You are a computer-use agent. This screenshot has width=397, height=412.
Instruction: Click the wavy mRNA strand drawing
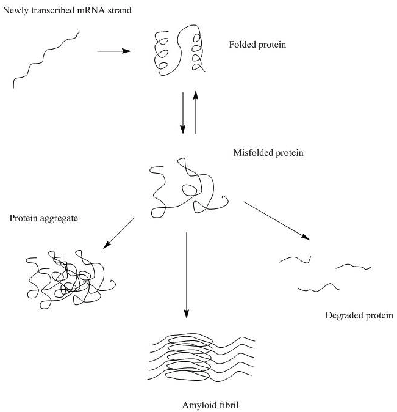[46, 61]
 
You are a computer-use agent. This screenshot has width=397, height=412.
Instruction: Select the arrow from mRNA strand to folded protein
[114, 51]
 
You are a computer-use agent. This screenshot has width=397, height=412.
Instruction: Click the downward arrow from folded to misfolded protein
[183, 113]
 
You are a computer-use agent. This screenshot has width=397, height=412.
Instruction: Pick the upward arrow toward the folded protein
[196, 113]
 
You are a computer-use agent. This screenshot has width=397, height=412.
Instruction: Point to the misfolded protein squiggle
[186, 189]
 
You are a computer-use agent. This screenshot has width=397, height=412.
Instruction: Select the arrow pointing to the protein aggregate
[119, 233]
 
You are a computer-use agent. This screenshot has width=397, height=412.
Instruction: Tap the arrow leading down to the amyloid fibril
[186, 275]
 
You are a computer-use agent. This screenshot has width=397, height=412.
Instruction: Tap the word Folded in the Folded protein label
[241, 45]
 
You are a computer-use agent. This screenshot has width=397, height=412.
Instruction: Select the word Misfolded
[251, 153]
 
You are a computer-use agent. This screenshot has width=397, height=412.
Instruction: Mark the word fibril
[226, 405]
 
